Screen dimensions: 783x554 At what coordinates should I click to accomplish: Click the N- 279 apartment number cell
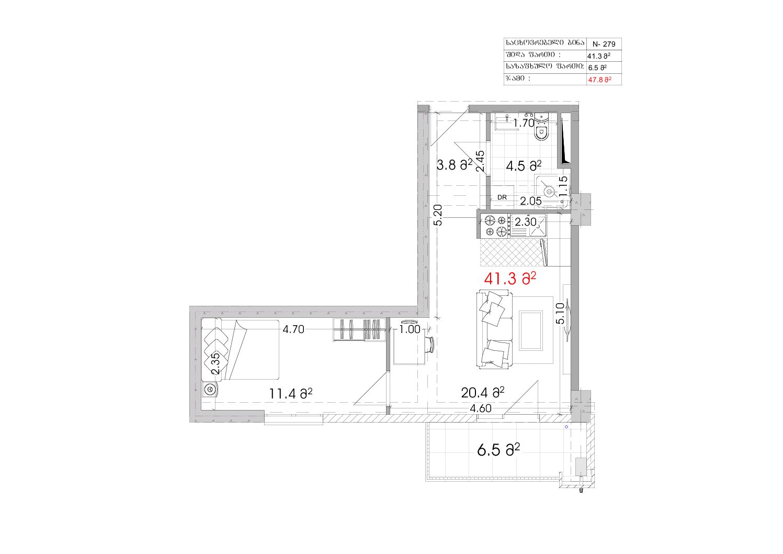(x=604, y=44)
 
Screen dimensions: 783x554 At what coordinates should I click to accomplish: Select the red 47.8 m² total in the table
(x=599, y=80)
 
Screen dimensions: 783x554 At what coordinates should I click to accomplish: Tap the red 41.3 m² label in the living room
(x=509, y=279)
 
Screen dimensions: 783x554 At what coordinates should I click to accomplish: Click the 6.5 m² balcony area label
(x=498, y=450)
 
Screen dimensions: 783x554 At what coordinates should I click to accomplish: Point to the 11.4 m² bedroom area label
(x=290, y=394)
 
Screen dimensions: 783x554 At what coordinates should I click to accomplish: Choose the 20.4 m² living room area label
(x=482, y=393)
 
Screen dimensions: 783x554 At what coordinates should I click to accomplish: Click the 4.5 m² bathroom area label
(x=524, y=166)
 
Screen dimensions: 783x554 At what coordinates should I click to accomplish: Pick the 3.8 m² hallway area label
(x=455, y=164)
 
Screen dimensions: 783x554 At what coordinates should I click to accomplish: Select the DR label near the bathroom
(x=502, y=197)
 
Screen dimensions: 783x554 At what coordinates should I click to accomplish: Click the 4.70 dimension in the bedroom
(x=293, y=329)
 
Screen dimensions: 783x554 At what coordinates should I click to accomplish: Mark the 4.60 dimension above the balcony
(x=481, y=408)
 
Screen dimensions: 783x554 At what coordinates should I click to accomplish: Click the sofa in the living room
(x=494, y=329)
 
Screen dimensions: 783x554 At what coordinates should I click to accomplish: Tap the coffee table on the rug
(x=530, y=330)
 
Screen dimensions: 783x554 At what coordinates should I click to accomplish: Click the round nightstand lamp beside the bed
(x=210, y=390)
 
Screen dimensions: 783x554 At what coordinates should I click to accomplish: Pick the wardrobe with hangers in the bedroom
(x=359, y=329)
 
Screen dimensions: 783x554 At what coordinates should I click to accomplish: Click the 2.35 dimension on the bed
(x=215, y=363)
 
